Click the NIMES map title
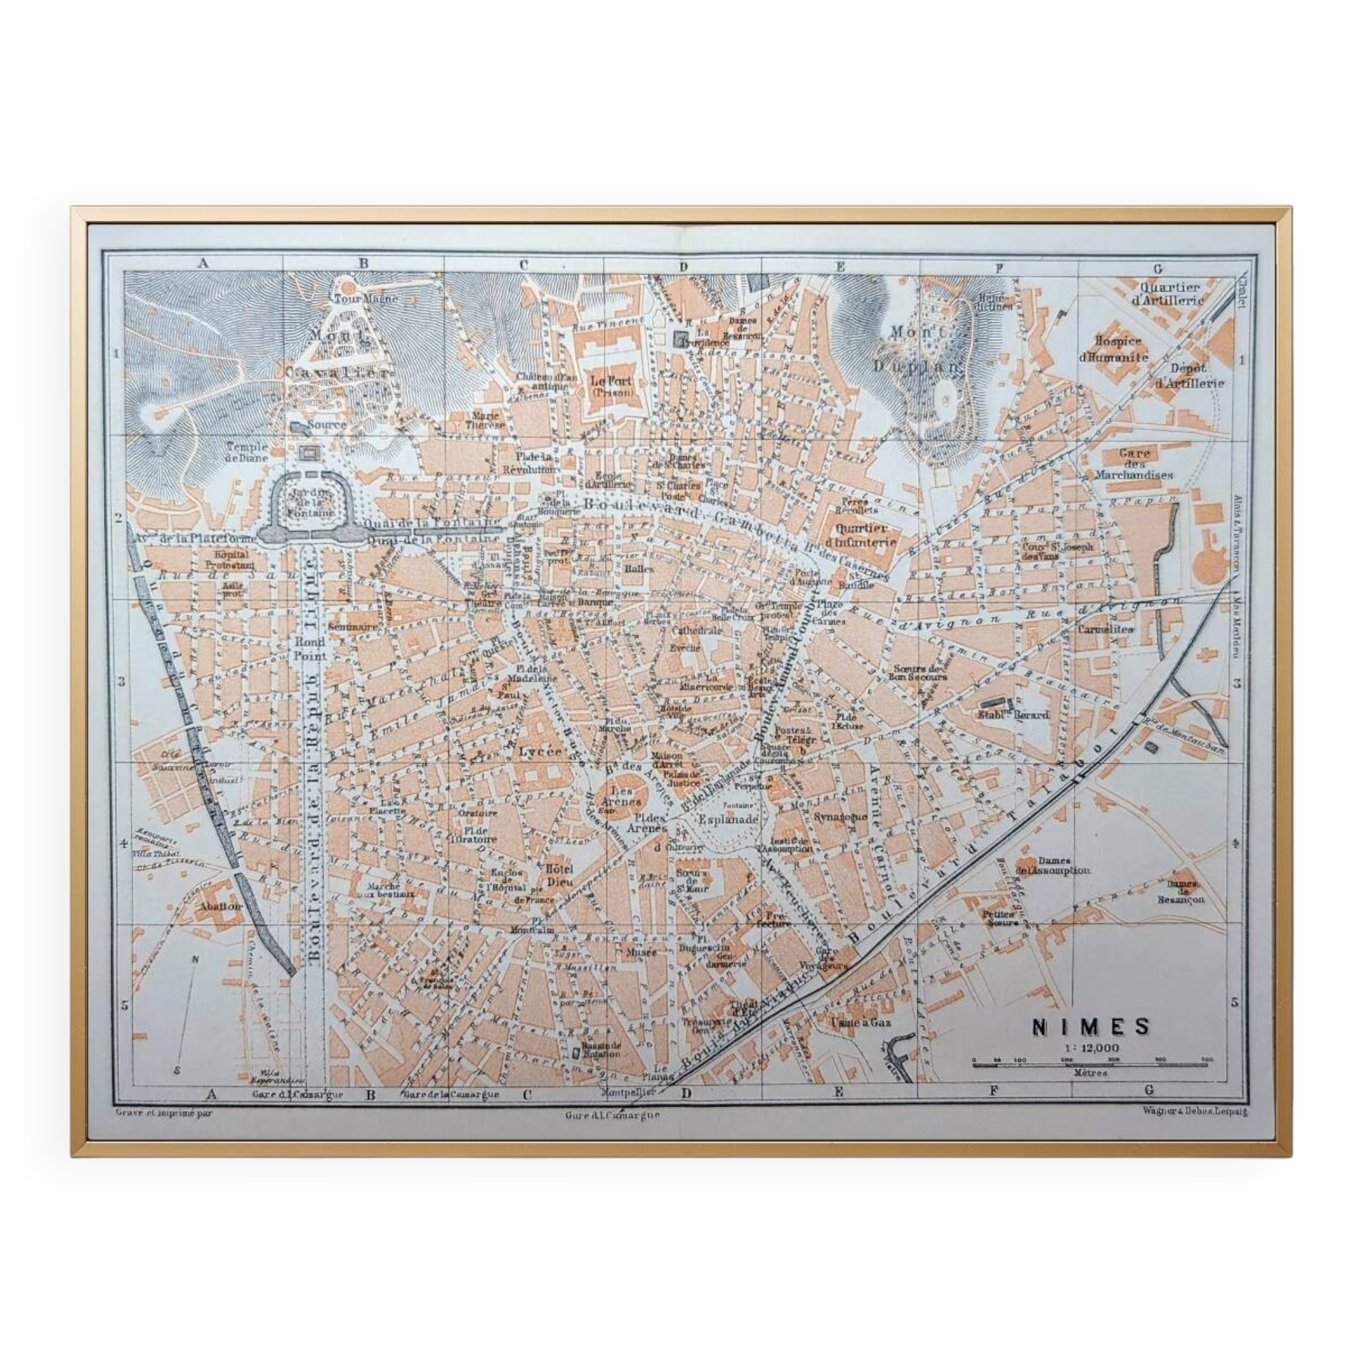1090,1026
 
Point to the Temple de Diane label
247,452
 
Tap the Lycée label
540,752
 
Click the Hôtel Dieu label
559,876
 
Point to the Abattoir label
221,906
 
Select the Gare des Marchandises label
1134,463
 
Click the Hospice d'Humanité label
1114,349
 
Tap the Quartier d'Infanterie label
866,535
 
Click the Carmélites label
1105,629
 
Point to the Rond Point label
310,648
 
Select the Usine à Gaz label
861,1022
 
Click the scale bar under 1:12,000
1089,1063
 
